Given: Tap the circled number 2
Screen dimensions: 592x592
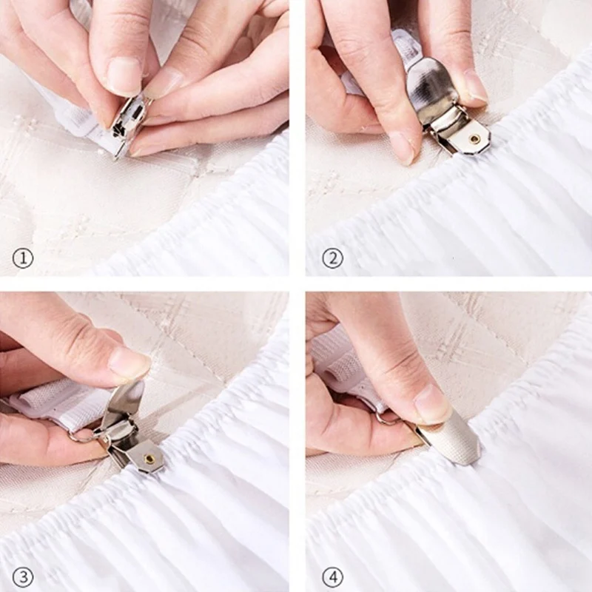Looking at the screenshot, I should (x=332, y=258).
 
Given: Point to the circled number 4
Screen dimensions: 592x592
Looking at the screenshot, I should (x=332, y=576).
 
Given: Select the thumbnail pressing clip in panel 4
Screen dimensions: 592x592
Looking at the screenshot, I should (x=431, y=404).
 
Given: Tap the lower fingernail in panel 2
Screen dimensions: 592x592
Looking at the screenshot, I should (x=404, y=148).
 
